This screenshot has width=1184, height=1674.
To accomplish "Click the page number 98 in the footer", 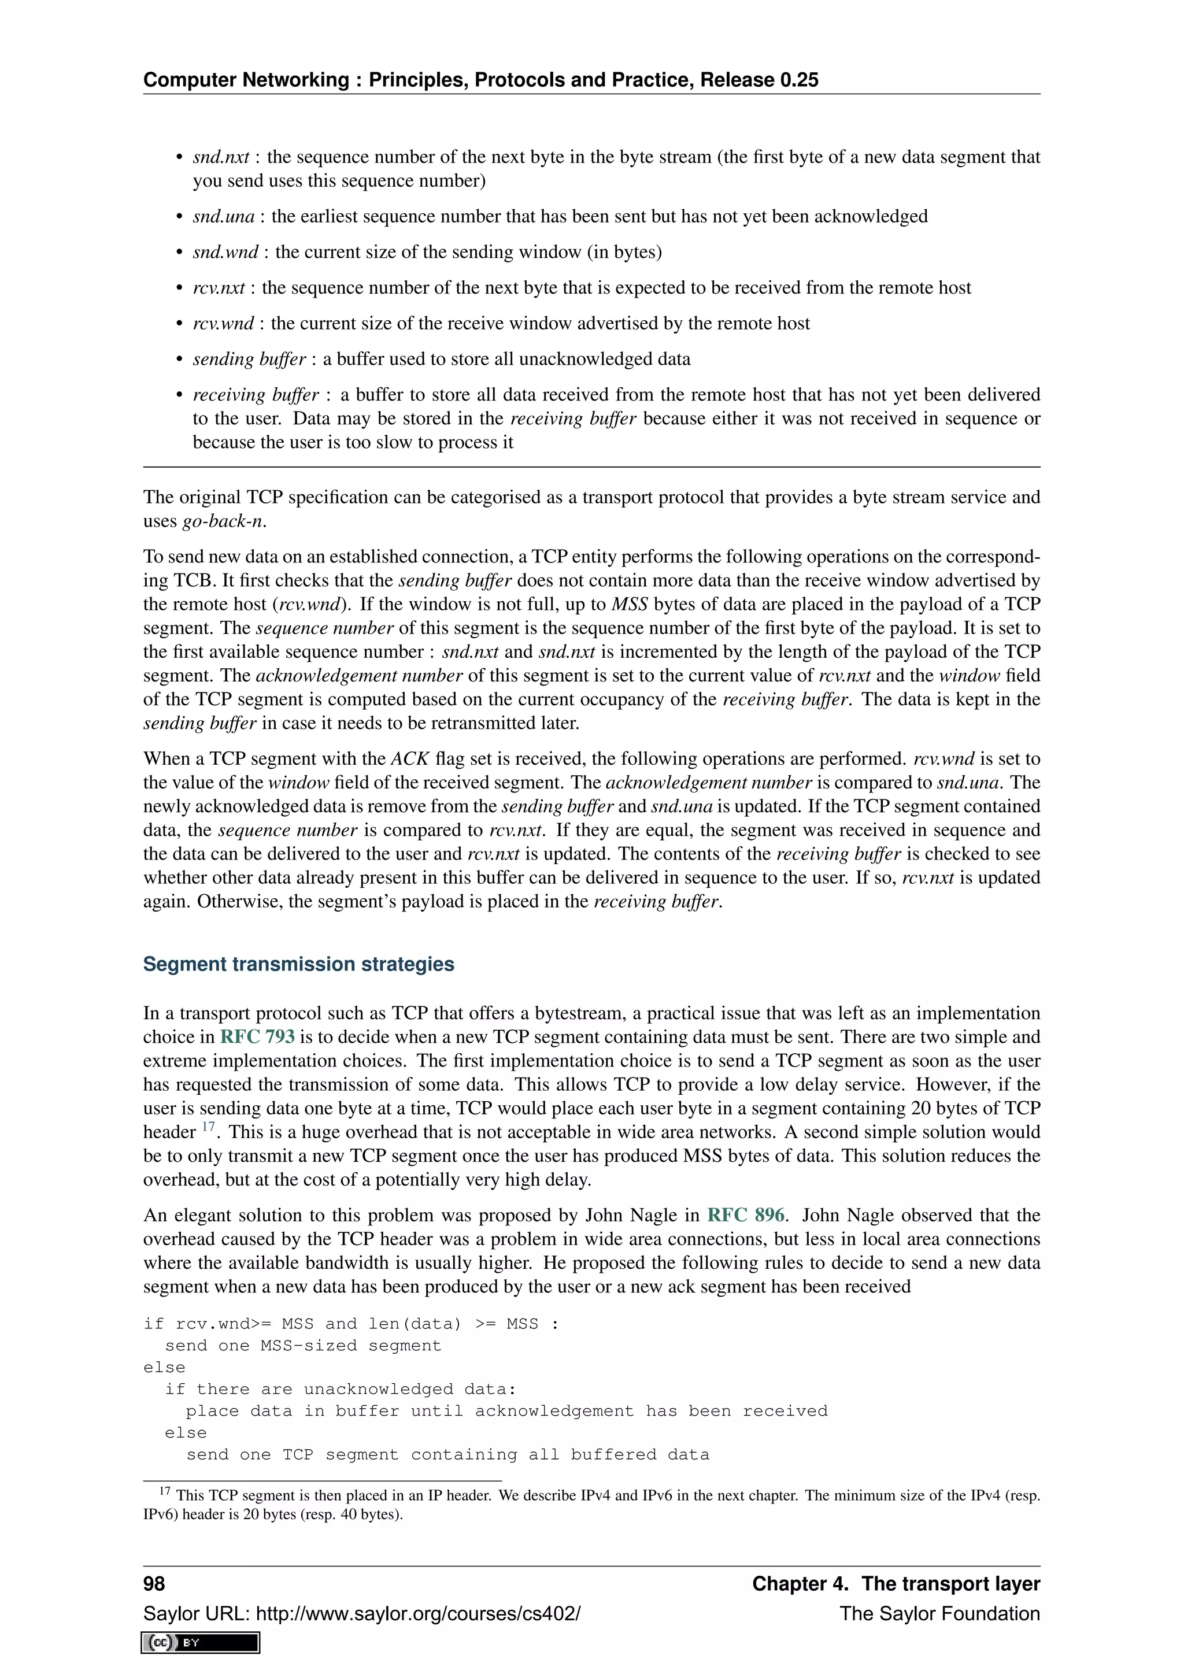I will pos(154,1584).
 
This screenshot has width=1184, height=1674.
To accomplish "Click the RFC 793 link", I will pos(257,1037).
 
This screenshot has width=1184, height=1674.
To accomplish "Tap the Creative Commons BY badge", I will pos(201,1643).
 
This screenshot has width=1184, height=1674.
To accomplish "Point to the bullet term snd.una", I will pos(223,217).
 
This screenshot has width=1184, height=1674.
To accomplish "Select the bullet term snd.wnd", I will pos(225,252).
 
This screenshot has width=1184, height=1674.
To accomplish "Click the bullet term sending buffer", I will pos(249,360).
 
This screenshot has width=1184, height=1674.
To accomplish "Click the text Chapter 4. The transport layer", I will pos(896,1584).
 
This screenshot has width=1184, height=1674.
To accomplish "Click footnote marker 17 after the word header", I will pos(209,1127).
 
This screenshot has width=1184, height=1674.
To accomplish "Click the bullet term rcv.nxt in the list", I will pos(219,288).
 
